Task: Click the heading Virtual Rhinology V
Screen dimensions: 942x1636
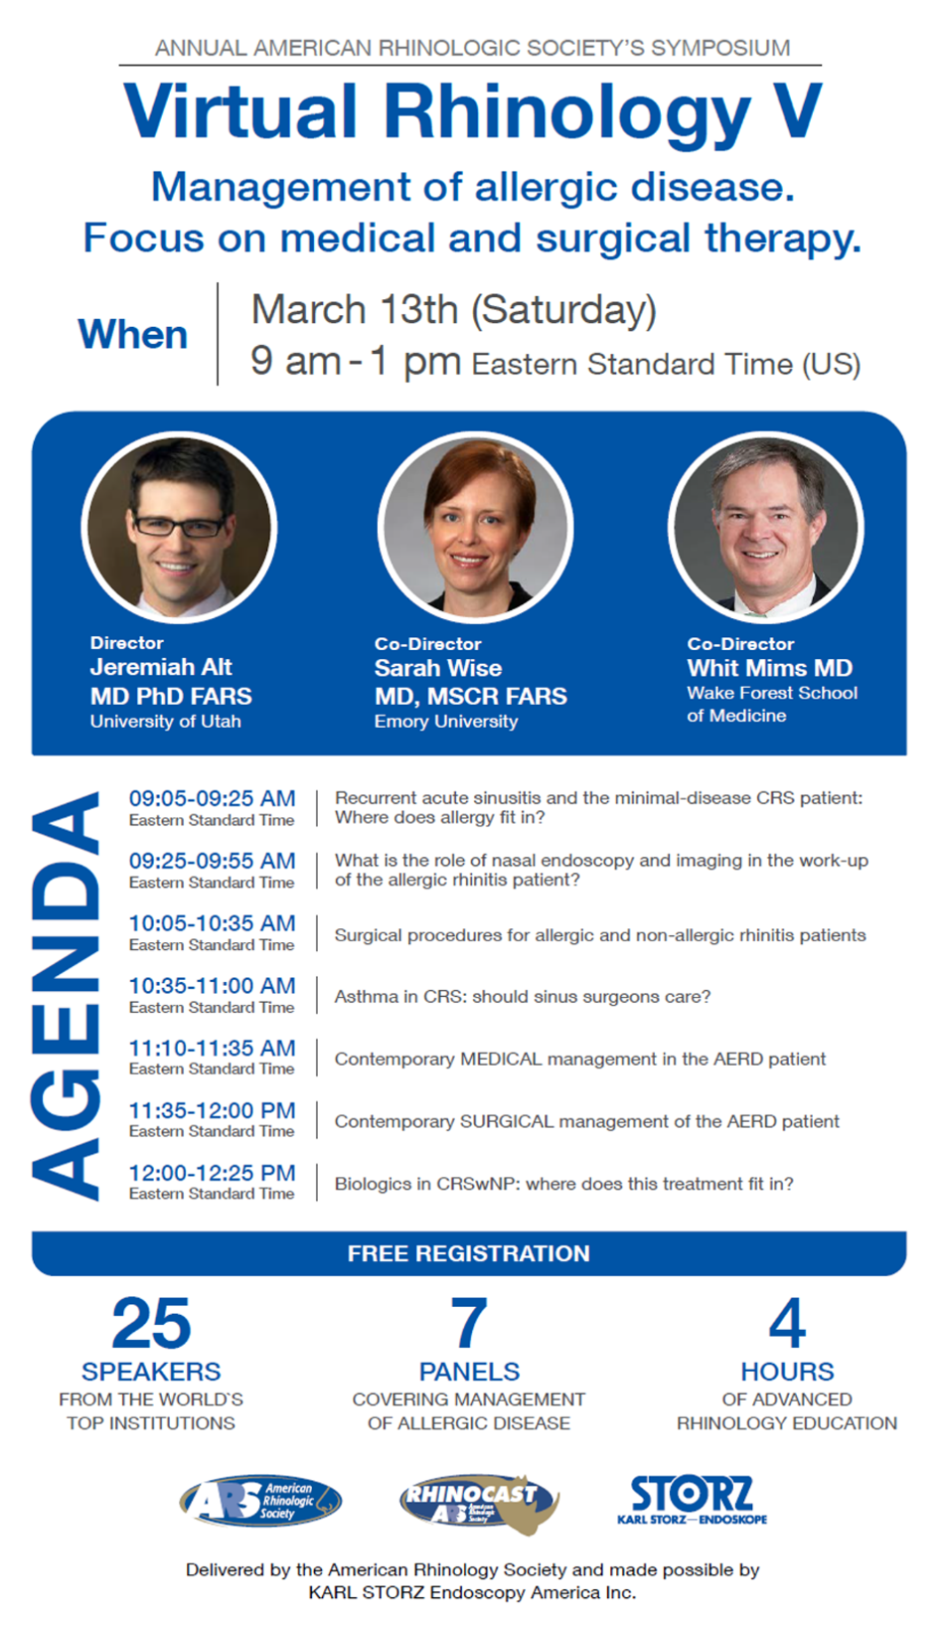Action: [473, 113]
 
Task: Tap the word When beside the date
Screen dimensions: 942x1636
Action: [133, 335]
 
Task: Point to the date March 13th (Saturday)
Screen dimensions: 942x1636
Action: [453, 310]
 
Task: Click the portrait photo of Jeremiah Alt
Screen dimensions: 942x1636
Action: [179, 528]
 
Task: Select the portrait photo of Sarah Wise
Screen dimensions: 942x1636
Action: [475, 528]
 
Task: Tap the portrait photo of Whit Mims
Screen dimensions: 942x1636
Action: [766, 528]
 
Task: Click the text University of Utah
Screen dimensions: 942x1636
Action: [165, 722]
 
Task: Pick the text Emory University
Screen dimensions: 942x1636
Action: [446, 722]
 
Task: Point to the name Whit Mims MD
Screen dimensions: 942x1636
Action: [770, 668]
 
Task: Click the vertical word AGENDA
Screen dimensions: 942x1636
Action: [65, 996]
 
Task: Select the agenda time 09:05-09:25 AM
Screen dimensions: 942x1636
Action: [213, 798]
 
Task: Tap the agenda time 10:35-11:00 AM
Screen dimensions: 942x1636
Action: [213, 985]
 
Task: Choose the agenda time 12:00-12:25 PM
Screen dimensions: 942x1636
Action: [213, 1172]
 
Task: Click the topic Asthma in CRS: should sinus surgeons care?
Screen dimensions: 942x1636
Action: [522, 997]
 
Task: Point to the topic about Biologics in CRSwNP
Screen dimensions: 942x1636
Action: [563, 1184]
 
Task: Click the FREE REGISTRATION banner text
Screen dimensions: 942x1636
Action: [469, 1253]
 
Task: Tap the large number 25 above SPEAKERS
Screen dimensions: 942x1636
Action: [151, 1323]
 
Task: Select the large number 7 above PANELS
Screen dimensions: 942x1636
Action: [469, 1323]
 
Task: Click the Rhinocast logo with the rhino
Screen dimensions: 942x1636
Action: [479, 1504]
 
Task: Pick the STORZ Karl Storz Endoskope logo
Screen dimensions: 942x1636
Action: [693, 1500]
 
